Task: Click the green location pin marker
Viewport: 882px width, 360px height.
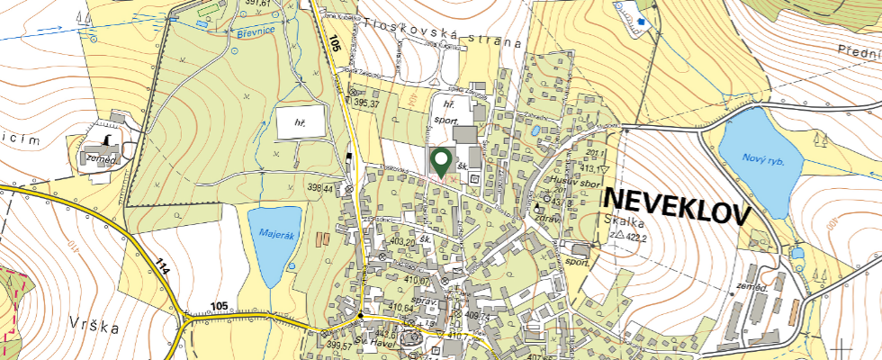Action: (441, 162)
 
